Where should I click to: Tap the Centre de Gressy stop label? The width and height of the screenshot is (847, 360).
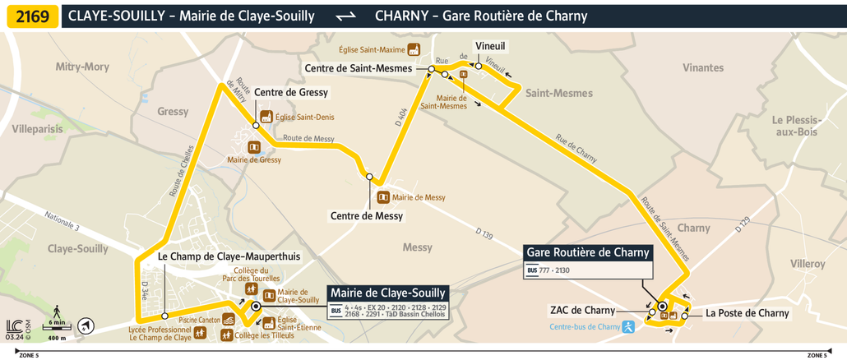point(291,92)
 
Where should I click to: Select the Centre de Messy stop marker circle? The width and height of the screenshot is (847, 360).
point(370,177)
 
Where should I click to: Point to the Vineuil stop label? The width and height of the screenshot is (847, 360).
point(490,46)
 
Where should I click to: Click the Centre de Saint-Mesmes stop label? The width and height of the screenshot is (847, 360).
point(358,68)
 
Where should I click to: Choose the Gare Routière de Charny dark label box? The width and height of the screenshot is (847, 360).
point(588,252)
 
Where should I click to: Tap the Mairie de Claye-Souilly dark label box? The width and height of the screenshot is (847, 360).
point(388,293)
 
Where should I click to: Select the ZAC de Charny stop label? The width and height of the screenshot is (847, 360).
point(583,310)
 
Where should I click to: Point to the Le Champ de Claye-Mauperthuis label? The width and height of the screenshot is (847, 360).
point(229,256)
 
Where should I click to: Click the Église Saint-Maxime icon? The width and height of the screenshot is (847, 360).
point(414,49)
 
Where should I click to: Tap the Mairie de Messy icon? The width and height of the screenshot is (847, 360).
point(382,197)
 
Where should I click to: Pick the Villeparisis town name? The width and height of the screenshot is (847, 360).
point(37,129)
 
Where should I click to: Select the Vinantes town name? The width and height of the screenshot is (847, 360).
point(703,67)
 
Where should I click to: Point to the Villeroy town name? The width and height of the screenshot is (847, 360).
point(808,264)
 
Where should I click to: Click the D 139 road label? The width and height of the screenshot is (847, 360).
point(484,236)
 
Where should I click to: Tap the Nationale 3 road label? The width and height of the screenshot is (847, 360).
point(62,220)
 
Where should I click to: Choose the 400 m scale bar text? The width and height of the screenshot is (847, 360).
point(57,338)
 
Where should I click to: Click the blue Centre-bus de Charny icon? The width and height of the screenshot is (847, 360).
point(629,326)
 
